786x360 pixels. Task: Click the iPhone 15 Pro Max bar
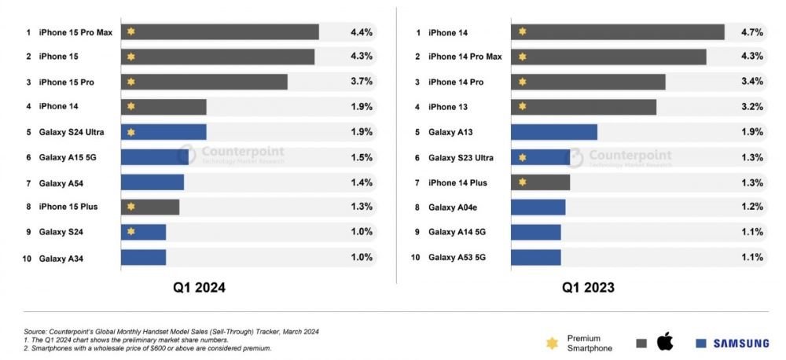[220, 32]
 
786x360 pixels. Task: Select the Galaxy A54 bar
[152, 182]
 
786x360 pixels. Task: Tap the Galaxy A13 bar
[554, 132]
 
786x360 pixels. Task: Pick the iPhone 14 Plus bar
[540, 182]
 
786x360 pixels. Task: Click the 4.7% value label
[751, 32]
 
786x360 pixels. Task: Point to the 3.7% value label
[362, 82]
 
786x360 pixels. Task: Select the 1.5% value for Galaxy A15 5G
[362, 157]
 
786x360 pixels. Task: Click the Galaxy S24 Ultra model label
[72, 132]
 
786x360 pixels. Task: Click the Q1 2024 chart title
[200, 288]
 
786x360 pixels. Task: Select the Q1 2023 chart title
[588, 288]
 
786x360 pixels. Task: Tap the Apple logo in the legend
[665, 342]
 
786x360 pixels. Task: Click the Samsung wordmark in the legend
[741, 343]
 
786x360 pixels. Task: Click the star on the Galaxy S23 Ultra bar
[522, 157]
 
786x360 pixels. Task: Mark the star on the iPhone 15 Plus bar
[131, 207]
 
